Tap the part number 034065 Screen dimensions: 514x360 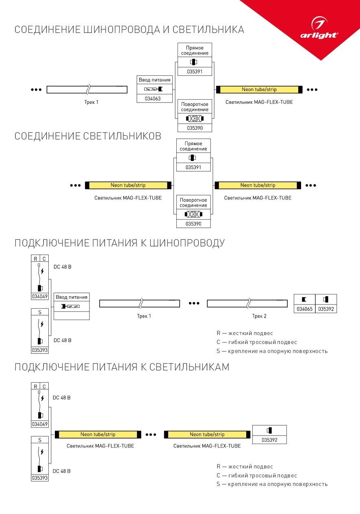pyautogui.click(x=304, y=309)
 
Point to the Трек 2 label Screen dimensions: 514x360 pyautogui.click(x=259, y=316)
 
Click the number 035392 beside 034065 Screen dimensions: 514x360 pyautogui.click(x=326, y=309)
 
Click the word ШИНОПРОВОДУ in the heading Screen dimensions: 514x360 pyautogui.click(x=187, y=243)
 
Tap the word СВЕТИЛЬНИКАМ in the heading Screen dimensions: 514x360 pyautogui.click(x=189, y=367)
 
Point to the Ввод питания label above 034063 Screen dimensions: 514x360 pyautogui.click(x=155, y=80)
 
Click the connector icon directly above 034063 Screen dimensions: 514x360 pyautogui.click(x=155, y=89)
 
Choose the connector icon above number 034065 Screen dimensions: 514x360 pyautogui.click(x=304, y=300)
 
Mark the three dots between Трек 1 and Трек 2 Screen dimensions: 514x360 pyautogui.click(x=194, y=303)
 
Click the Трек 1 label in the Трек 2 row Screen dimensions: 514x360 pyautogui.click(x=144, y=316)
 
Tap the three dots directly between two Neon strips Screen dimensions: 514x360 pyautogui.click(x=151, y=435)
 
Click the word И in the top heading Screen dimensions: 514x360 pyautogui.click(x=167, y=30)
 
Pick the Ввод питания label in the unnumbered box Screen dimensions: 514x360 pyautogui.click(x=72, y=297)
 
